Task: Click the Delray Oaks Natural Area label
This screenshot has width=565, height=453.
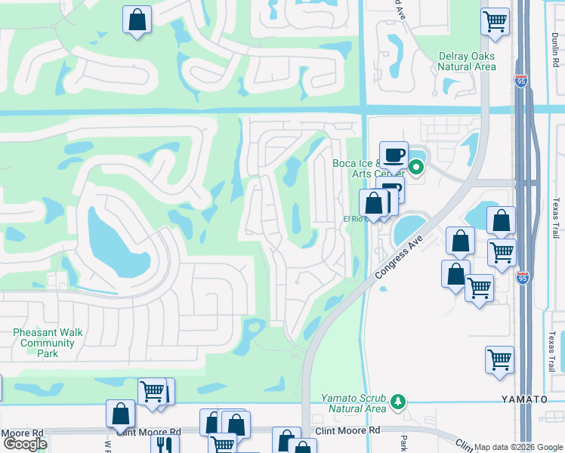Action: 467,61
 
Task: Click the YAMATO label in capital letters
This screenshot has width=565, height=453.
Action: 522,399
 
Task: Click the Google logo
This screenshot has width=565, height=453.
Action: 25,444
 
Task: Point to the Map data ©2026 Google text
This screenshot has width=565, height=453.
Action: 518,447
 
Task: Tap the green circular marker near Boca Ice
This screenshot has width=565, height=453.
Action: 415,165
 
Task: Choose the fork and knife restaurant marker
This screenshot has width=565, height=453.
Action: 164,442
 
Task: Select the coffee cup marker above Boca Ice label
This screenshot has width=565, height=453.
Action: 393,154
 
